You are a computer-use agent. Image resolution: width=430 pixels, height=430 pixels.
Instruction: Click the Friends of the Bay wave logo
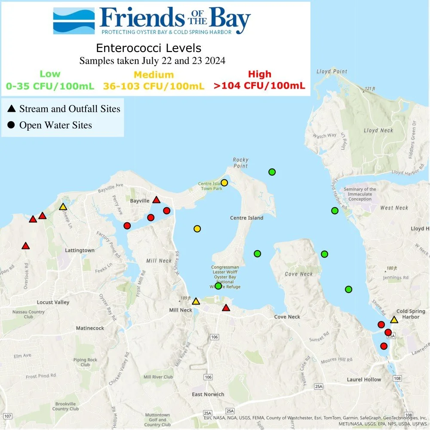(74, 21)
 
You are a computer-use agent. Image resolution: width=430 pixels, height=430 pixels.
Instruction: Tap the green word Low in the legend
(50, 74)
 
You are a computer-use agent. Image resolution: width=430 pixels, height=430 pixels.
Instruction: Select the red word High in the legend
(259, 74)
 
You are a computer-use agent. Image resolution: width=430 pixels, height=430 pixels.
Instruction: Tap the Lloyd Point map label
(329, 71)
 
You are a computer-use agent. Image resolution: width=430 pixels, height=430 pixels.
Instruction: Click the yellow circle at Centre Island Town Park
(224, 183)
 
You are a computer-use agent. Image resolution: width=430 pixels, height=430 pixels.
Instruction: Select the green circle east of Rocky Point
(272, 172)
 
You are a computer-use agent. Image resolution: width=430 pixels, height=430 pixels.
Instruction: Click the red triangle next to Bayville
(157, 200)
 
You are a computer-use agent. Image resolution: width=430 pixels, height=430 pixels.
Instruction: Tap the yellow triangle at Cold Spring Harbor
(394, 319)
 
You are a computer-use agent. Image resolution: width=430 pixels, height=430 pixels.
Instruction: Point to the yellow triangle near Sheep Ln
(63, 207)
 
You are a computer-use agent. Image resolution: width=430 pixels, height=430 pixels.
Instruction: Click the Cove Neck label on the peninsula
(299, 274)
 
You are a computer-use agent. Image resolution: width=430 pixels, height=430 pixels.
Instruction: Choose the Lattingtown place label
(80, 250)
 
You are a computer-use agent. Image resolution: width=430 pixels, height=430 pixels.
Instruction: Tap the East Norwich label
(208, 394)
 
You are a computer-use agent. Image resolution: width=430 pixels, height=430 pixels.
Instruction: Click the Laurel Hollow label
(364, 379)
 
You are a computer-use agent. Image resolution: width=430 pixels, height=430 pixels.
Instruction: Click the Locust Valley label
(53, 302)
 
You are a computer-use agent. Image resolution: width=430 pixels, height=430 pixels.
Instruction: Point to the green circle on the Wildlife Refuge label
(218, 286)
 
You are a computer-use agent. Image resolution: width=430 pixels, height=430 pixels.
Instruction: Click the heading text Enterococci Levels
(149, 47)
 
